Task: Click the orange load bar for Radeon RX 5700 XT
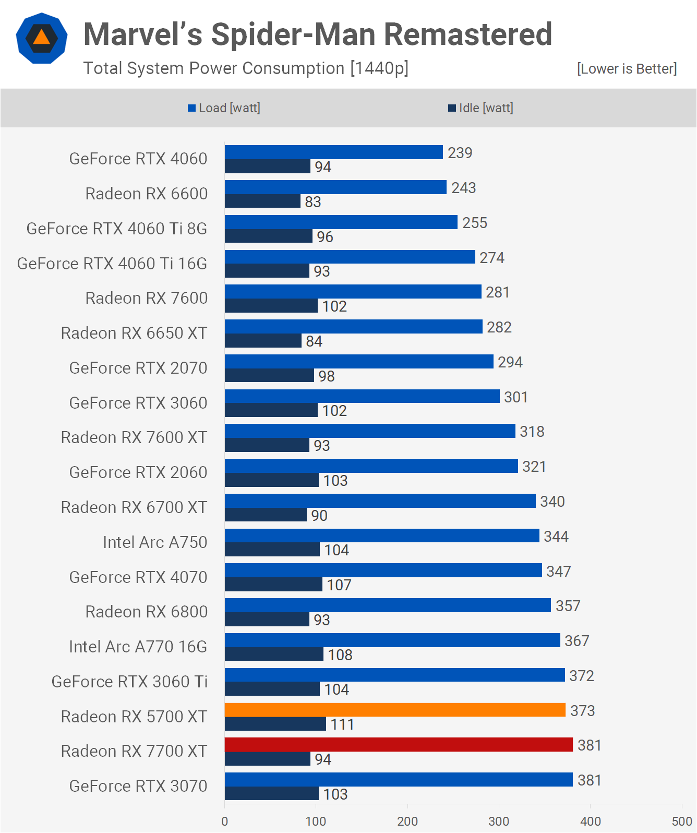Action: (x=395, y=710)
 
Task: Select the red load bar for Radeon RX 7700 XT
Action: (x=399, y=745)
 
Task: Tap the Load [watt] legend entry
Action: (x=224, y=108)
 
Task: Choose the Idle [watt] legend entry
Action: (x=480, y=108)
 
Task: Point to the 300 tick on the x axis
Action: (x=499, y=821)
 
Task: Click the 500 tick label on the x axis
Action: (x=681, y=821)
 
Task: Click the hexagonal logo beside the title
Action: (x=42, y=38)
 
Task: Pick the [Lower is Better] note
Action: (x=627, y=69)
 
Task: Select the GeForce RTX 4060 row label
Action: (x=138, y=159)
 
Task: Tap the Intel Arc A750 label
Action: (x=155, y=542)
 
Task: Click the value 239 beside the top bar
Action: (x=460, y=153)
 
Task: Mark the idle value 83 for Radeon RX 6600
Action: (x=313, y=202)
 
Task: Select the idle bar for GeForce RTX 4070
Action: (x=273, y=585)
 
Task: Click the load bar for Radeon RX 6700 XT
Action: (x=380, y=501)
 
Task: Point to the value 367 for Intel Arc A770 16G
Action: (x=576, y=641)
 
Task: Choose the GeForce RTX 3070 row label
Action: (x=138, y=786)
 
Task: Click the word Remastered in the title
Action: (x=468, y=34)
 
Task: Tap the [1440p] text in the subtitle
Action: (x=379, y=68)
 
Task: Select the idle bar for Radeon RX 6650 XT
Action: (x=263, y=341)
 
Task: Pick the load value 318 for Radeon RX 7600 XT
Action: (x=532, y=432)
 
